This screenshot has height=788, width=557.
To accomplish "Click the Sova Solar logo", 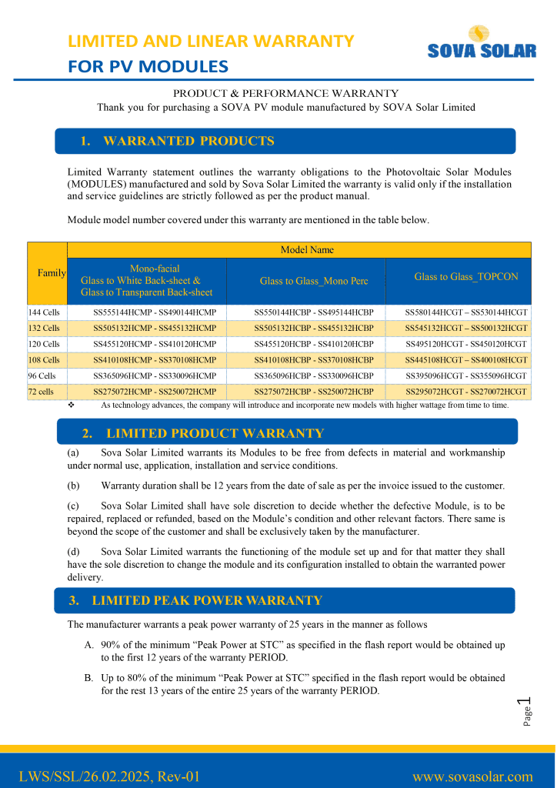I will tap(482, 43).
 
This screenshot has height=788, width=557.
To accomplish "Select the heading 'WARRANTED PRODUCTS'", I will tap(188, 141).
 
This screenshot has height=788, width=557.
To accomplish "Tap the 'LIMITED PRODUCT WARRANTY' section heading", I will tap(215, 433).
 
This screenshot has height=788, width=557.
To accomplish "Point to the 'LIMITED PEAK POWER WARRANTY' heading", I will tap(206, 600).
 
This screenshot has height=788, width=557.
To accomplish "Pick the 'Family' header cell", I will tap(52, 273).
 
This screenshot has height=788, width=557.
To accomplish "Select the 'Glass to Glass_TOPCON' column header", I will tap(466, 276).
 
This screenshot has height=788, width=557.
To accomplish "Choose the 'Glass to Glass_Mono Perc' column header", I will tap(314, 281).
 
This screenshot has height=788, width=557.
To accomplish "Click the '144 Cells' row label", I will tap(44, 312).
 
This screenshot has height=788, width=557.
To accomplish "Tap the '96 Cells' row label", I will tap(42, 376).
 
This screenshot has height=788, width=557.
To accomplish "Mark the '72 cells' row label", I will tap(42, 392).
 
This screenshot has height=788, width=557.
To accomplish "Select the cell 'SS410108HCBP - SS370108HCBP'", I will tap(314, 359).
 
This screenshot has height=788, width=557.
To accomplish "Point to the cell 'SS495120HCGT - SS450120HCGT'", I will tap(466, 344).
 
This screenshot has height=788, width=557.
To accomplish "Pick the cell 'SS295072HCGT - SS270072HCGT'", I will tap(466, 392).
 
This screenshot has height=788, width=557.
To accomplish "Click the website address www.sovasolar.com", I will tap(472, 776).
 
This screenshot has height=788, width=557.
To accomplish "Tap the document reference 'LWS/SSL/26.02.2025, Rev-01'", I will tap(109, 776).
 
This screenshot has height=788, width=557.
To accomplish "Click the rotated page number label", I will tap(526, 710).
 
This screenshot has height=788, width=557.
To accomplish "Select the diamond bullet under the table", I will tap(71, 404).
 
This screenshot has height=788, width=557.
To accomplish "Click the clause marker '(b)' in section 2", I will tap(74, 486).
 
